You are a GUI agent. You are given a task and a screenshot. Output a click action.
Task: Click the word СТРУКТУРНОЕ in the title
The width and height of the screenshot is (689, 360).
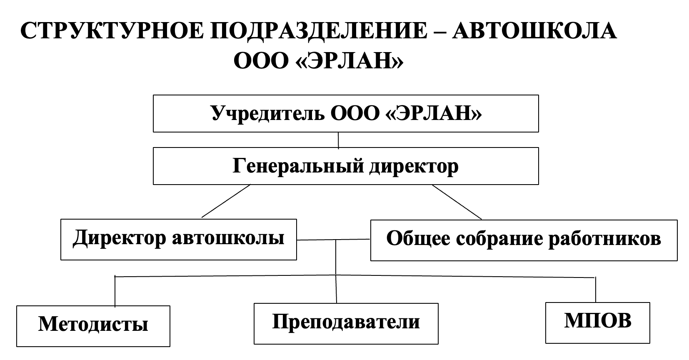click(x=112, y=31)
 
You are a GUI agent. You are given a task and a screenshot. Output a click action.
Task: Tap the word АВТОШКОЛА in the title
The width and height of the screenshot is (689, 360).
click(x=534, y=31)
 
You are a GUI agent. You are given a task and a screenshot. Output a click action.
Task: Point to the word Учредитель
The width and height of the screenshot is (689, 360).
click(x=267, y=114)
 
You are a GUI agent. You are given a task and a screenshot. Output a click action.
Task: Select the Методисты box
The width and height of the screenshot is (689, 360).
click(x=93, y=326)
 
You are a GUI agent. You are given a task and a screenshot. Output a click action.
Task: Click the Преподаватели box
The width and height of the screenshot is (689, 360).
click(x=346, y=324)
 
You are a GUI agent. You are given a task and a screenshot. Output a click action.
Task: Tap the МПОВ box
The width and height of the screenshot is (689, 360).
click(x=598, y=323)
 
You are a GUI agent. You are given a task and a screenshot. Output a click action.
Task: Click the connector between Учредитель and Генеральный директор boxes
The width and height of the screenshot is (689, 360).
click(x=338, y=140)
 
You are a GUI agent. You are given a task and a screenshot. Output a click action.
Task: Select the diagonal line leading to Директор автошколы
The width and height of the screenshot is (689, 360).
click(x=226, y=201)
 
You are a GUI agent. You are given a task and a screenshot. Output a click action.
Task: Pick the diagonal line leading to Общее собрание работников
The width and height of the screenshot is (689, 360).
click(x=457, y=202)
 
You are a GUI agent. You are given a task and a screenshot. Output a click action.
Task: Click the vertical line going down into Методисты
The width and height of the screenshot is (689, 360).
click(x=115, y=291)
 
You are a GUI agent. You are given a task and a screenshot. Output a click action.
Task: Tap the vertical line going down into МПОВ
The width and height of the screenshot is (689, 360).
click(x=596, y=290)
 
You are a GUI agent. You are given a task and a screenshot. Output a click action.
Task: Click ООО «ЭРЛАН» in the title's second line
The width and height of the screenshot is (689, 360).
click(x=318, y=60)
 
